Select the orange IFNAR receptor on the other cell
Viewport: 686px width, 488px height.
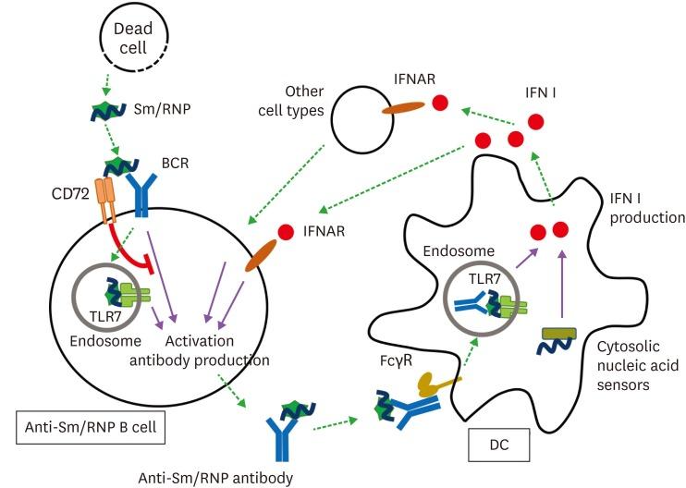tap(400, 109)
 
